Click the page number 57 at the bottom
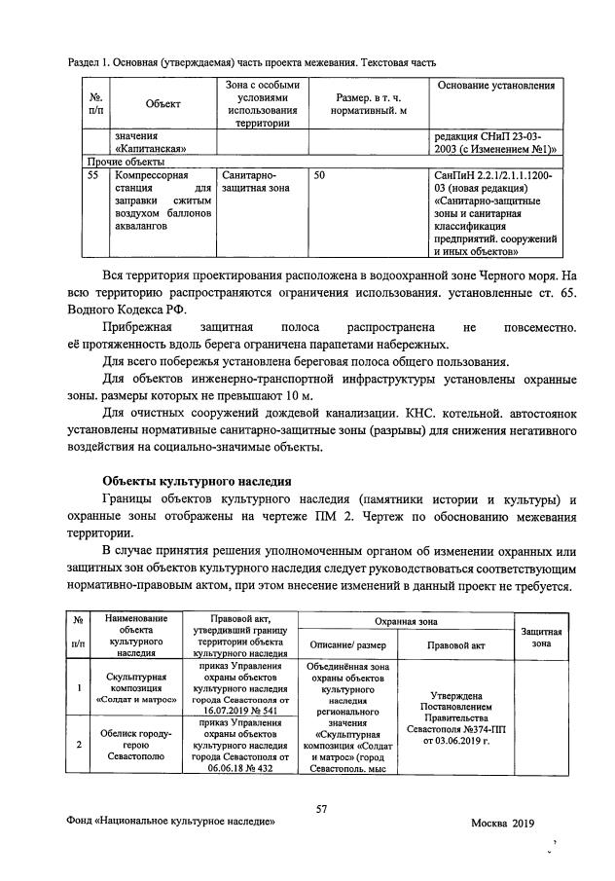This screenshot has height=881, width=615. click(321, 805)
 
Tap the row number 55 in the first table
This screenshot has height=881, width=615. click(92, 177)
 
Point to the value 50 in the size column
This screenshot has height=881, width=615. click(320, 177)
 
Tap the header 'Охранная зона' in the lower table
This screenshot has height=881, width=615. click(406, 621)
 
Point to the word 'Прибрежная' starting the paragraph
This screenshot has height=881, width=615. click(141, 328)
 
